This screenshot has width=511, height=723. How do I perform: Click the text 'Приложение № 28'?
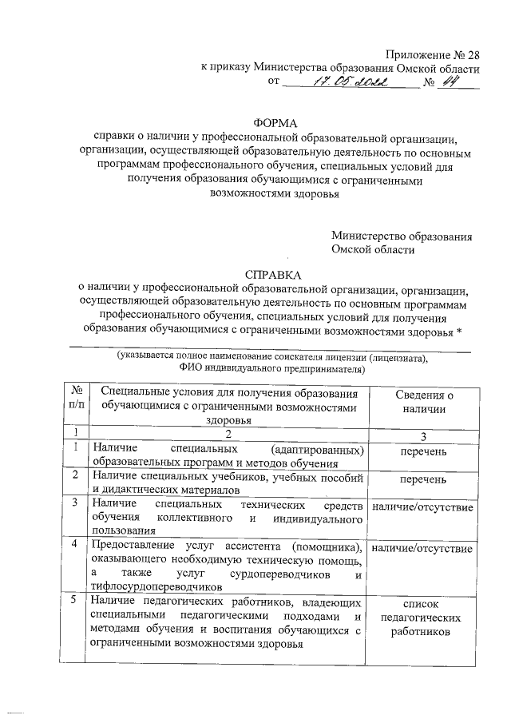point(433,54)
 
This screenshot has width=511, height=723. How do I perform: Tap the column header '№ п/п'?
point(78,400)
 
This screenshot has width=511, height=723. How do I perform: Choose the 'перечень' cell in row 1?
point(424,452)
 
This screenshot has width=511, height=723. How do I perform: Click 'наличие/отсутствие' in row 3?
point(424,507)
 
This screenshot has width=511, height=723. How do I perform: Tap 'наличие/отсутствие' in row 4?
point(424,549)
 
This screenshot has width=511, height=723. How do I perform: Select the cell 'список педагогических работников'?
point(424,618)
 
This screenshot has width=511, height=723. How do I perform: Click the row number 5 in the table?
point(75,602)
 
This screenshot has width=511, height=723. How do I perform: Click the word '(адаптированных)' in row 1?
point(318,448)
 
